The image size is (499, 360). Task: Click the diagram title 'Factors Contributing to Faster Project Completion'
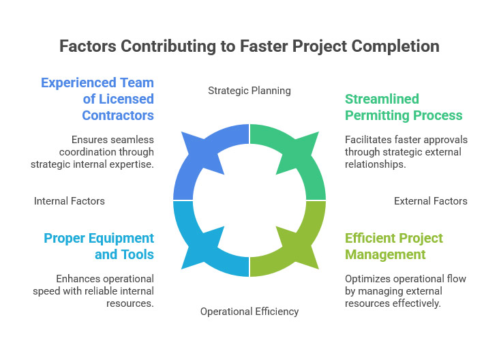[249, 46]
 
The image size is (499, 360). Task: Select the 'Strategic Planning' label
[249, 90]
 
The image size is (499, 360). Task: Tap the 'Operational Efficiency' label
[249, 311]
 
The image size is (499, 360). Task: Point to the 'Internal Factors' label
[70, 201]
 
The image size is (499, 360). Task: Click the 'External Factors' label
[431, 201]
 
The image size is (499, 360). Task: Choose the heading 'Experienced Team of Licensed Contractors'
[97, 99]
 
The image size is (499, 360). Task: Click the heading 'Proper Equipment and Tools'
[99, 246]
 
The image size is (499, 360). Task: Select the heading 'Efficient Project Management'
[394, 246]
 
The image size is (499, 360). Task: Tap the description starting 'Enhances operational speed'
[93, 291]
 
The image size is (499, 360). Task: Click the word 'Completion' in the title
[398, 46]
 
